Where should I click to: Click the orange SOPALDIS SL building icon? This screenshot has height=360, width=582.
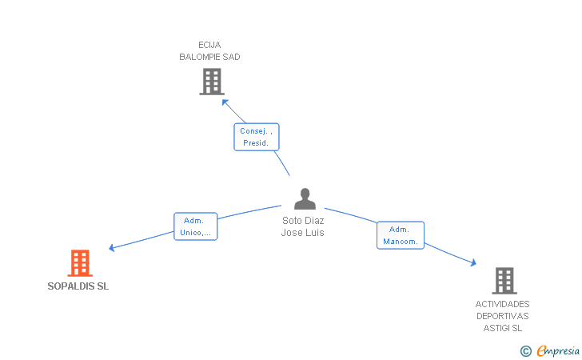80,263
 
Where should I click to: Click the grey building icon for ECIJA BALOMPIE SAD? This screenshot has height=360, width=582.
212,82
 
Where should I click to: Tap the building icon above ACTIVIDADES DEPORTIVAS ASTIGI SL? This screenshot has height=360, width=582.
504,281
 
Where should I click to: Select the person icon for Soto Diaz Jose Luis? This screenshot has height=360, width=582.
305,198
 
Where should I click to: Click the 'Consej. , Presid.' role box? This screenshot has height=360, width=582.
256,137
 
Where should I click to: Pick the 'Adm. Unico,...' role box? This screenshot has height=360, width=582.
195,226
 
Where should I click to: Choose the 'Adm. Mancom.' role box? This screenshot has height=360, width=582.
400,235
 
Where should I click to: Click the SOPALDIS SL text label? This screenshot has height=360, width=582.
78,286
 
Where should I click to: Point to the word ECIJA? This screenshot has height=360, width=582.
209,45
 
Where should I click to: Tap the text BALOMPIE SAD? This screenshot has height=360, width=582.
209,57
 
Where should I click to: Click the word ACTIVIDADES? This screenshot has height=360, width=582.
502,304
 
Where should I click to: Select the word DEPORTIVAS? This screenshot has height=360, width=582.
503,316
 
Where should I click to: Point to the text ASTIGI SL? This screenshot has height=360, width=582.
503,328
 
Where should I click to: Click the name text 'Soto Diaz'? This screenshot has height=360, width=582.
303,220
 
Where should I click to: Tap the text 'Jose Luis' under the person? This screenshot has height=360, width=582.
302,233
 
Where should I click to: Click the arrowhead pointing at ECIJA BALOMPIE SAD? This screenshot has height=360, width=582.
225,102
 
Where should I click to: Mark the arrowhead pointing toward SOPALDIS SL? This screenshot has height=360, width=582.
111,248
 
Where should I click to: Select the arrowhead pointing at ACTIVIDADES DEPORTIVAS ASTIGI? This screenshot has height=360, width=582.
473,262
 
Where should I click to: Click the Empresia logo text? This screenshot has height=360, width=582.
558,350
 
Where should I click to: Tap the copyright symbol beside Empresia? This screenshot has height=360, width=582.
525,351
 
